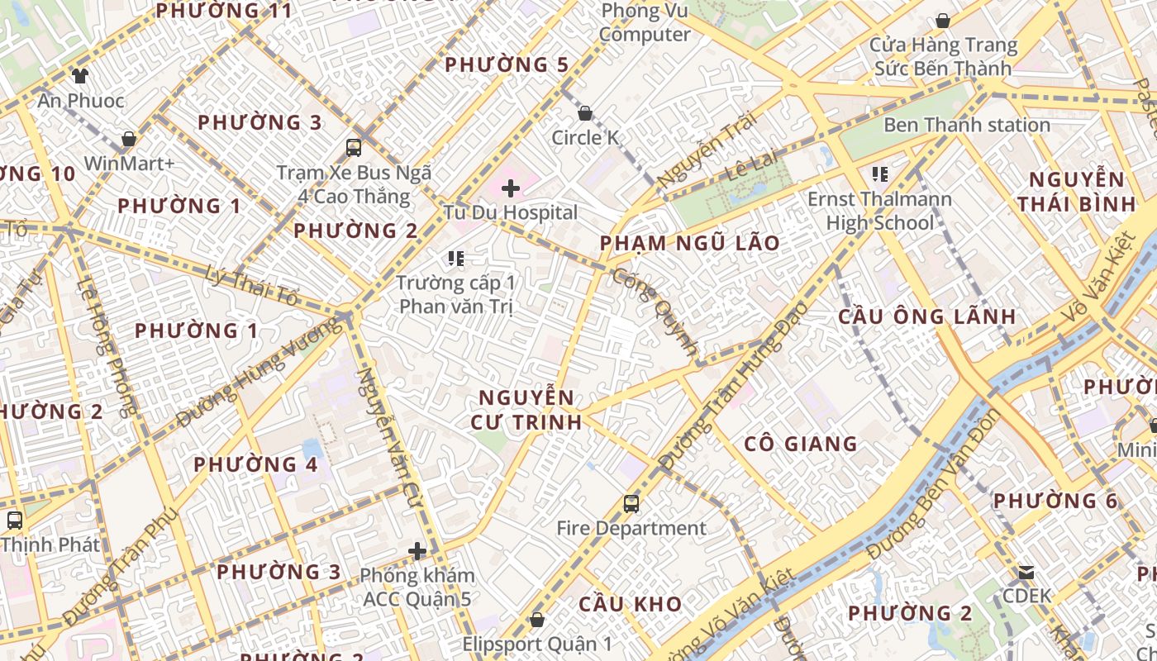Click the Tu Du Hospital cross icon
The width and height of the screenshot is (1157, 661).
(x=511, y=188)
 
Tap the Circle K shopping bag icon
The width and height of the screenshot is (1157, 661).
(x=585, y=113)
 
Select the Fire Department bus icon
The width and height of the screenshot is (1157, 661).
(x=631, y=503)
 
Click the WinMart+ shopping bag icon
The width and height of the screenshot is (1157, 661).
(x=129, y=139)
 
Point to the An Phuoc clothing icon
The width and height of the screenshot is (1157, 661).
(x=79, y=77)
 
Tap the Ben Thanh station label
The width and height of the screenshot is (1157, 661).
(x=967, y=126)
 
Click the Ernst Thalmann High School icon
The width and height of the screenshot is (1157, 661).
(x=880, y=174)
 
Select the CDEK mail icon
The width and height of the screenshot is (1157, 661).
(x=1026, y=572)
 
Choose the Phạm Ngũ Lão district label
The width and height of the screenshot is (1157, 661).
(x=690, y=243)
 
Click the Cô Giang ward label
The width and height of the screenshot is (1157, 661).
(x=801, y=444)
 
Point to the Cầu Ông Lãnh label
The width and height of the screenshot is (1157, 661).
(x=927, y=316)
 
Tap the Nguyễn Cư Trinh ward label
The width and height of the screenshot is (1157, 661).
(x=526, y=409)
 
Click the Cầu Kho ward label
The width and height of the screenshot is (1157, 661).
(x=631, y=604)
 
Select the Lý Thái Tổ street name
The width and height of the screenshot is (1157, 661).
(x=252, y=285)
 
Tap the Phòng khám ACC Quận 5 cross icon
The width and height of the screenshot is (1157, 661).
(x=417, y=551)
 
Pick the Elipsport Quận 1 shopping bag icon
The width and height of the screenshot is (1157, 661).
(x=537, y=619)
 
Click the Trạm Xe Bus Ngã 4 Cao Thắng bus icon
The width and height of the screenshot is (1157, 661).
(x=354, y=148)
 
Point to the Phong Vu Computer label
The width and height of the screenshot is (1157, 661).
(x=645, y=22)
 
